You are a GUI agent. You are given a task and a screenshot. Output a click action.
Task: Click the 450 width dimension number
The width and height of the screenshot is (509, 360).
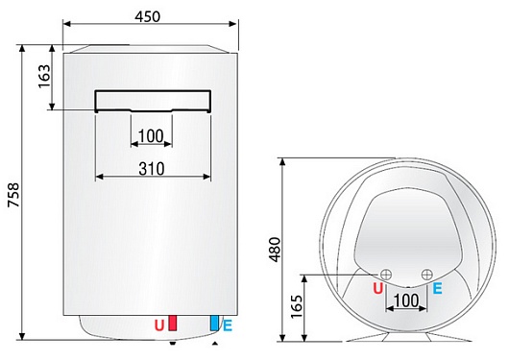(x=147, y=16)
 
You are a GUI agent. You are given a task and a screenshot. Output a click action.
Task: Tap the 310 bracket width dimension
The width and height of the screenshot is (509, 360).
(x=151, y=168)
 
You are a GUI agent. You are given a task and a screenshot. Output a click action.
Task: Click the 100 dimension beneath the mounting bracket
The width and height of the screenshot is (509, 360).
(x=151, y=135)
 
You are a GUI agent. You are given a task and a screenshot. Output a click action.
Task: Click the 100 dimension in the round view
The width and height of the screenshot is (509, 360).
(x=408, y=301)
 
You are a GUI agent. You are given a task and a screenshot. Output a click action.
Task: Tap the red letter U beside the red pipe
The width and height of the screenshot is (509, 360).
(x=159, y=326)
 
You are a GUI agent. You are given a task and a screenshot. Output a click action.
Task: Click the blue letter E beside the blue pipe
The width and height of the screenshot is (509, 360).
(x=227, y=326)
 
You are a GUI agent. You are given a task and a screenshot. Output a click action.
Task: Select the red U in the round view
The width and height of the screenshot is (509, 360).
(x=377, y=287)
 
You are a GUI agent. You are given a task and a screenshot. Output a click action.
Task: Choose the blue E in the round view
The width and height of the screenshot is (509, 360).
(x=438, y=287)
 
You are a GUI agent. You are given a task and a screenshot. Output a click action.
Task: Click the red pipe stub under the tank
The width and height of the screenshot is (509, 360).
(x=173, y=324)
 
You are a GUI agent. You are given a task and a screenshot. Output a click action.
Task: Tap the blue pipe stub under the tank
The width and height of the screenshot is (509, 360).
(x=214, y=324)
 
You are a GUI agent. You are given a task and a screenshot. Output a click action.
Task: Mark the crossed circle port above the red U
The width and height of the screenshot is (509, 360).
(x=386, y=273)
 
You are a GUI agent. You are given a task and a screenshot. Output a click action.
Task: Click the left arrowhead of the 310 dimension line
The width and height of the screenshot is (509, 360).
(x=100, y=178)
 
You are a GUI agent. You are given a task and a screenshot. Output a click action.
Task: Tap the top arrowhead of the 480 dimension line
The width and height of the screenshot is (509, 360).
(x=282, y=162)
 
